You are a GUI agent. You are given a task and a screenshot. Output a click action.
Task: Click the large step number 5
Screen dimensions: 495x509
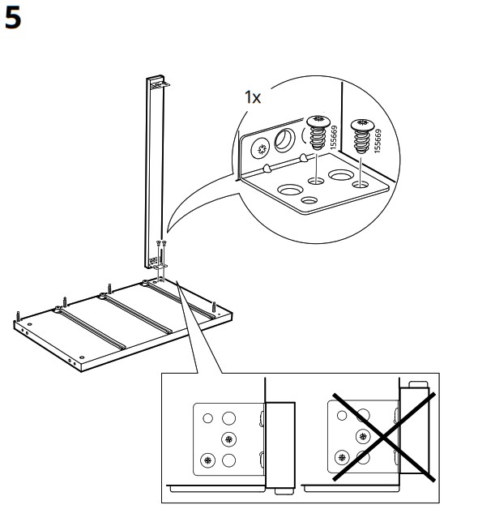pyautogui.click(x=13, y=19)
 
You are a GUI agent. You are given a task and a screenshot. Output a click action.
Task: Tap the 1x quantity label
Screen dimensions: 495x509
pyautogui.click(x=253, y=97)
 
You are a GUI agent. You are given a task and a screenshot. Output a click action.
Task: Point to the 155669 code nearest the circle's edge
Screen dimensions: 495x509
pyautogui.click(x=378, y=141)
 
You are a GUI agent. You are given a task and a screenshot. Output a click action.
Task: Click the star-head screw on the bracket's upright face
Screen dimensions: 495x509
pyautogui.click(x=262, y=149)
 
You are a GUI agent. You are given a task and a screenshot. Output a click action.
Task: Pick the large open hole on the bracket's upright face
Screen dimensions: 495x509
pyautogui.click(x=285, y=140)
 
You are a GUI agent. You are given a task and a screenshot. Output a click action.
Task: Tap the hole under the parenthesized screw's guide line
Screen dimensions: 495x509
pyautogui.click(x=316, y=181)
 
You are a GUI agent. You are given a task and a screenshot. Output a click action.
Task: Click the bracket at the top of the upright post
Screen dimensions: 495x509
pyautogui.click(x=160, y=85)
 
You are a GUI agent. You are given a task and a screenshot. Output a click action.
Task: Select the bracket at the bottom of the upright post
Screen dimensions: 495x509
pyautogui.click(x=159, y=266)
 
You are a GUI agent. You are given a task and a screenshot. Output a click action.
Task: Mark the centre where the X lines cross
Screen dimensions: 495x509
pyautogui.click(x=384, y=437)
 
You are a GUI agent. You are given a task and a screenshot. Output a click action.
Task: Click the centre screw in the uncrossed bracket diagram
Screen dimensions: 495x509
pyautogui.click(x=229, y=439)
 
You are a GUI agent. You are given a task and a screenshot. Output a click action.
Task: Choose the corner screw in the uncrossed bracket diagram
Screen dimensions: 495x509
pyautogui.click(x=208, y=460)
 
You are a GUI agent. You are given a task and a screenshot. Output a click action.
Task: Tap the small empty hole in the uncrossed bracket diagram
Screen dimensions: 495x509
pyautogui.click(x=208, y=418)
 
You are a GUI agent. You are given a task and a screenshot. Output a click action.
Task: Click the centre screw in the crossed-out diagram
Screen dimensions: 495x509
pyautogui.click(x=363, y=436)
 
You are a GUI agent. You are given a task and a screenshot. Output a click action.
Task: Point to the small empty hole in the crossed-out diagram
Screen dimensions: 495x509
pyautogui.click(x=342, y=415)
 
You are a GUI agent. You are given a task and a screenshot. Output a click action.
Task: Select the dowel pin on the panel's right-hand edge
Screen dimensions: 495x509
pyautogui.click(x=214, y=307)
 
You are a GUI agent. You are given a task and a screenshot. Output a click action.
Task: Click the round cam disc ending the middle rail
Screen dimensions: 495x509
pyautogui.click(x=103, y=295)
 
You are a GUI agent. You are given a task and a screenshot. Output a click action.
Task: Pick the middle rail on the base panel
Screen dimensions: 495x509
pyautogui.click(x=136, y=313)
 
